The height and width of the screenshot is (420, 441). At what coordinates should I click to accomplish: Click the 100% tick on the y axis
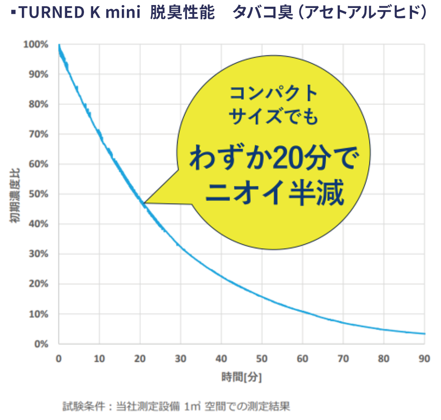[x=39, y=45]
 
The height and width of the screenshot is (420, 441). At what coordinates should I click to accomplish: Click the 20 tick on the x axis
[x=140, y=359]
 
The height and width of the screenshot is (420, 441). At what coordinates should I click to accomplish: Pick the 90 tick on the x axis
[x=425, y=359]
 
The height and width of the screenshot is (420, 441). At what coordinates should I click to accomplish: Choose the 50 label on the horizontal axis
[x=262, y=359]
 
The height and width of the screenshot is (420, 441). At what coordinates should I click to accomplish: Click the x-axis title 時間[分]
[x=241, y=377]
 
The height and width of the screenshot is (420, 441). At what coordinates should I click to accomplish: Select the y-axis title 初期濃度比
[x=16, y=194]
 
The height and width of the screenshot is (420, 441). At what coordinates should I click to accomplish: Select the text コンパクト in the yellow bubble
[x=273, y=93]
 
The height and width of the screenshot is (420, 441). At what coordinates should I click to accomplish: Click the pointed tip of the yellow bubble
[x=144, y=203]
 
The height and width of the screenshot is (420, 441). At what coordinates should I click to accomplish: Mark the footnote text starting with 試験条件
[x=176, y=406]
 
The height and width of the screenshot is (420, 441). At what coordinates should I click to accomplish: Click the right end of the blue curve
[x=425, y=334]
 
